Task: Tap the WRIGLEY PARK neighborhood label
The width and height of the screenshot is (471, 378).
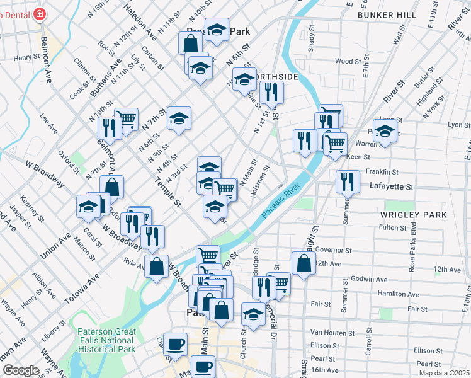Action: click(x=414, y=215)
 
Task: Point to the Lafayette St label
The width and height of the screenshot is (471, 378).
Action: click(x=392, y=187)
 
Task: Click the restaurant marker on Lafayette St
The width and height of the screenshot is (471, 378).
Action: click(x=348, y=183)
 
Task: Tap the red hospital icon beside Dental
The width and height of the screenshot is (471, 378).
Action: click(x=40, y=13)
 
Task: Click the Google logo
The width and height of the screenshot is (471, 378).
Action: click(x=21, y=370)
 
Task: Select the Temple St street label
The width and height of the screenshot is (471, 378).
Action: click(x=168, y=192)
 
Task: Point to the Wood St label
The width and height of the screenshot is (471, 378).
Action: click(x=348, y=62)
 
